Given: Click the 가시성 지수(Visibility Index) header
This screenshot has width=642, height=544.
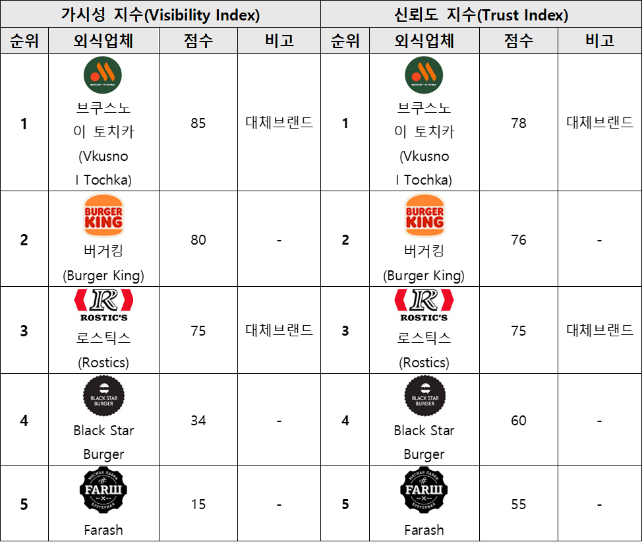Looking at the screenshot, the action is [x=161, y=15].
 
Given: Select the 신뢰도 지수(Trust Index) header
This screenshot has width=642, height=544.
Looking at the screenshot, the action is [x=481, y=15].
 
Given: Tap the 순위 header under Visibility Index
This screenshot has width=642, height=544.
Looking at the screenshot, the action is [x=24, y=41].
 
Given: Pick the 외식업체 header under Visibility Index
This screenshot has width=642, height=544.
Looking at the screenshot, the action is [x=103, y=41].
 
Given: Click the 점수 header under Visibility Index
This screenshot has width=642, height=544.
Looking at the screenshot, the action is [x=198, y=41].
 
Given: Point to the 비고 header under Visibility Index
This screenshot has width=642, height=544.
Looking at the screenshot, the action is [x=279, y=41].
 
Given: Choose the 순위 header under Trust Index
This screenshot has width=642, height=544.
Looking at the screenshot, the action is [x=345, y=41].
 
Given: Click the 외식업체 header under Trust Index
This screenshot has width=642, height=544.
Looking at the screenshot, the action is [x=424, y=41].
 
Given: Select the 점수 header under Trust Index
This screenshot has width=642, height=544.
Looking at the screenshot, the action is [x=519, y=41].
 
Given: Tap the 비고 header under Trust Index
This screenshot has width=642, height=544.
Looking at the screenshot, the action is [x=600, y=41].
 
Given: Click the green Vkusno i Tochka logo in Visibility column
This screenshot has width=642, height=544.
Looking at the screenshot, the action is [x=103, y=74].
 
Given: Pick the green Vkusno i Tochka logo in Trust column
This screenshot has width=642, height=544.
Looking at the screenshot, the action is [x=424, y=74].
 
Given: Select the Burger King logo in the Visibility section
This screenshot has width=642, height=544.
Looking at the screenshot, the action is [x=103, y=215].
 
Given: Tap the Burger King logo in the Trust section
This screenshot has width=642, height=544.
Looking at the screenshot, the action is [x=424, y=215].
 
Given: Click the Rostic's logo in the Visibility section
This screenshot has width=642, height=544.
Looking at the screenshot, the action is [x=103, y=305].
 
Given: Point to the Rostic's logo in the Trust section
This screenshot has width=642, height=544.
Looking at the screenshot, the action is [x=424, y=305].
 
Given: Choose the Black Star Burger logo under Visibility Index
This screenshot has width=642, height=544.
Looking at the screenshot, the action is [x=103, y=396].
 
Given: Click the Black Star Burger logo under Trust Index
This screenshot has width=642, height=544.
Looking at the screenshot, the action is [x=424, y=396].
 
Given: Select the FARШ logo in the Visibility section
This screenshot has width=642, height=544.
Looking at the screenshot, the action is [x=103, y=491].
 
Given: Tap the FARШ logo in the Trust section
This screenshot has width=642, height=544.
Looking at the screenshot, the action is [x=424, y=491].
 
